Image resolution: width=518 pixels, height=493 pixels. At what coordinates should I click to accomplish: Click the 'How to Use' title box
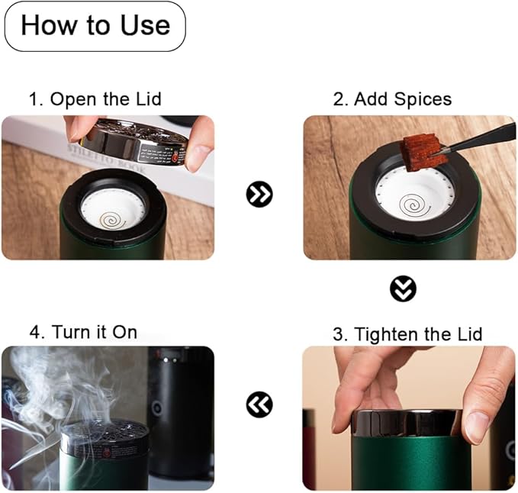click(95, 26)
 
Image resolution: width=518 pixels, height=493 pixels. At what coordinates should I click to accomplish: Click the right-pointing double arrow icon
click(259, 194)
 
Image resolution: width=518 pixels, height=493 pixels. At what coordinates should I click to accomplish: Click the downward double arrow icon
click(403, 288)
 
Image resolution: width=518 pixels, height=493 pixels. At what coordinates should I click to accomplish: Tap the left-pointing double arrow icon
click(259, 404)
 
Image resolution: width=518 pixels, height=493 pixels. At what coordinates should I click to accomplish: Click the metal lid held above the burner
click(136, 142)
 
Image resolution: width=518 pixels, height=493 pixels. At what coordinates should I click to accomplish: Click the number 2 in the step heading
click(339, 99)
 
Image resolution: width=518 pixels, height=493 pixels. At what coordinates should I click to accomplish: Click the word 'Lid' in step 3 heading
click(470, 334)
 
